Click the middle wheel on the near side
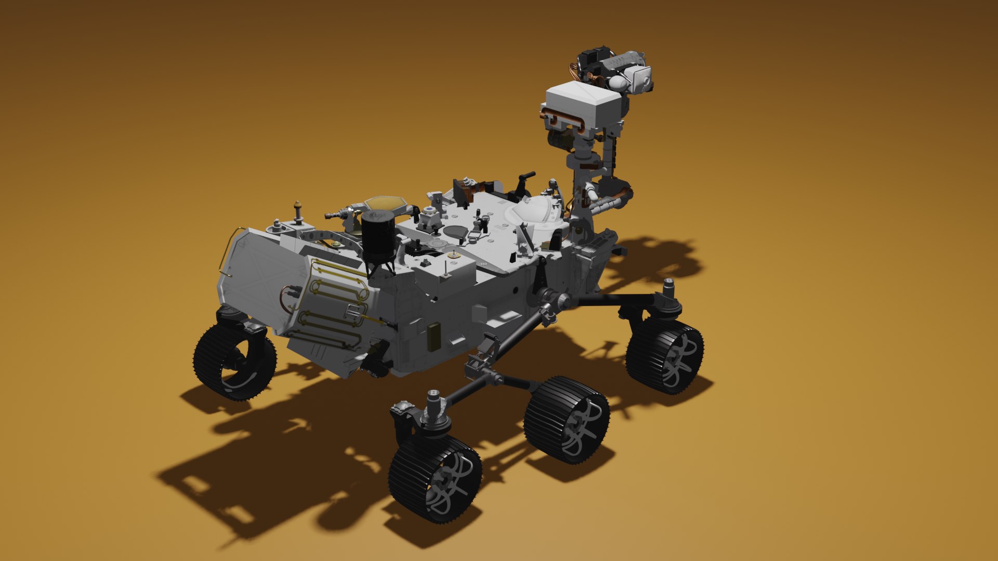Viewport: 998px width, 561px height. (567, 420)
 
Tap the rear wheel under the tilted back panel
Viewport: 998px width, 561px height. (235, 361)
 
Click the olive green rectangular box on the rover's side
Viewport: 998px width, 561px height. (433, 336)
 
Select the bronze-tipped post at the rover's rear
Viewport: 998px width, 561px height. (298, 210)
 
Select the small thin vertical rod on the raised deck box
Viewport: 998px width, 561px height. (446, 268)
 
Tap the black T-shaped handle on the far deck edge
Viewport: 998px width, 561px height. (525, 182)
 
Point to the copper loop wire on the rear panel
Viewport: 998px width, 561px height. (286, 299)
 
